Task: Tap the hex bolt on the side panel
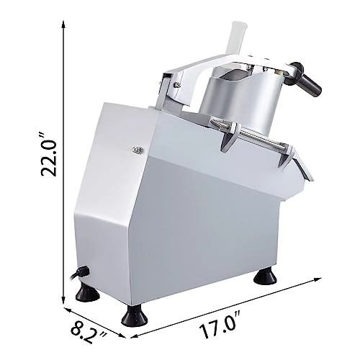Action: coord(137,150)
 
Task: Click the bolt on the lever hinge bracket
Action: coord(176,86)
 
